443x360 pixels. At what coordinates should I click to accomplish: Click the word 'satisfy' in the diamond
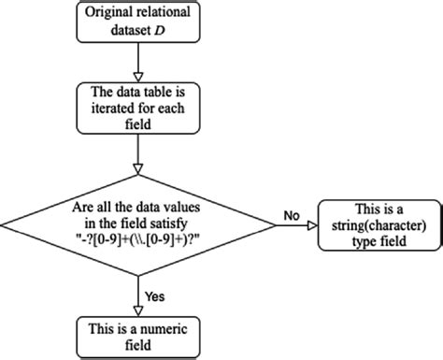coord(175,223)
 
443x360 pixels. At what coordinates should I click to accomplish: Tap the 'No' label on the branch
coord(291,214)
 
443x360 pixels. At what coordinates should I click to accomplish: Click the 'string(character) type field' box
coord(379,223)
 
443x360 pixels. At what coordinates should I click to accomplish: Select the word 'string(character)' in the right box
coord(379,223)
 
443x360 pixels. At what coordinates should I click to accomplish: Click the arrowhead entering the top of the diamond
coord(137,171)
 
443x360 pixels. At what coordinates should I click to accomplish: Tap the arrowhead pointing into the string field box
coord(312,223)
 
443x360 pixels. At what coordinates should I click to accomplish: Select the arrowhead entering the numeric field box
coord(137,310)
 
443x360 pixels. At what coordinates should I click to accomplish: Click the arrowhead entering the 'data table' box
coord(137,76)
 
